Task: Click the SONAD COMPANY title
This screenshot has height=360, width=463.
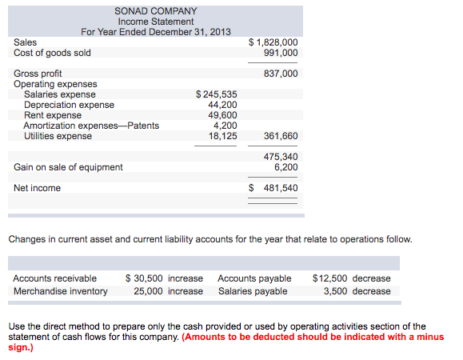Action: pos(156,11)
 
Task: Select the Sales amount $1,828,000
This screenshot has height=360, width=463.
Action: pos(273,42)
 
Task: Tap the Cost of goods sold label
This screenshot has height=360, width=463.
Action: pos(53,53)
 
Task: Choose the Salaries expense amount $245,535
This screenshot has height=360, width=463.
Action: pos(216,94)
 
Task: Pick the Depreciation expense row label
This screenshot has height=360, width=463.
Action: pos(69,105)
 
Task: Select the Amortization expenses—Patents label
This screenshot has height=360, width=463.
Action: pos(91,126)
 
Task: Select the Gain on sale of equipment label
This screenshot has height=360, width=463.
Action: pos(69,167)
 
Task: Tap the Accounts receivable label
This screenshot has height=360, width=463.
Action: pos(55,278)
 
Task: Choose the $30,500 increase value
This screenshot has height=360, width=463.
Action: pos(165,278)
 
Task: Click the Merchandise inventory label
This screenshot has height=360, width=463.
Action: pos(61,291)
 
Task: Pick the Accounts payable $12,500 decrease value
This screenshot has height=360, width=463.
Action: pos(352,278)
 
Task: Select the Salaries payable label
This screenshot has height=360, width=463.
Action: pos(253,291)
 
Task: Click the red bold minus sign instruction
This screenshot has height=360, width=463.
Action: pos(312,337)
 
